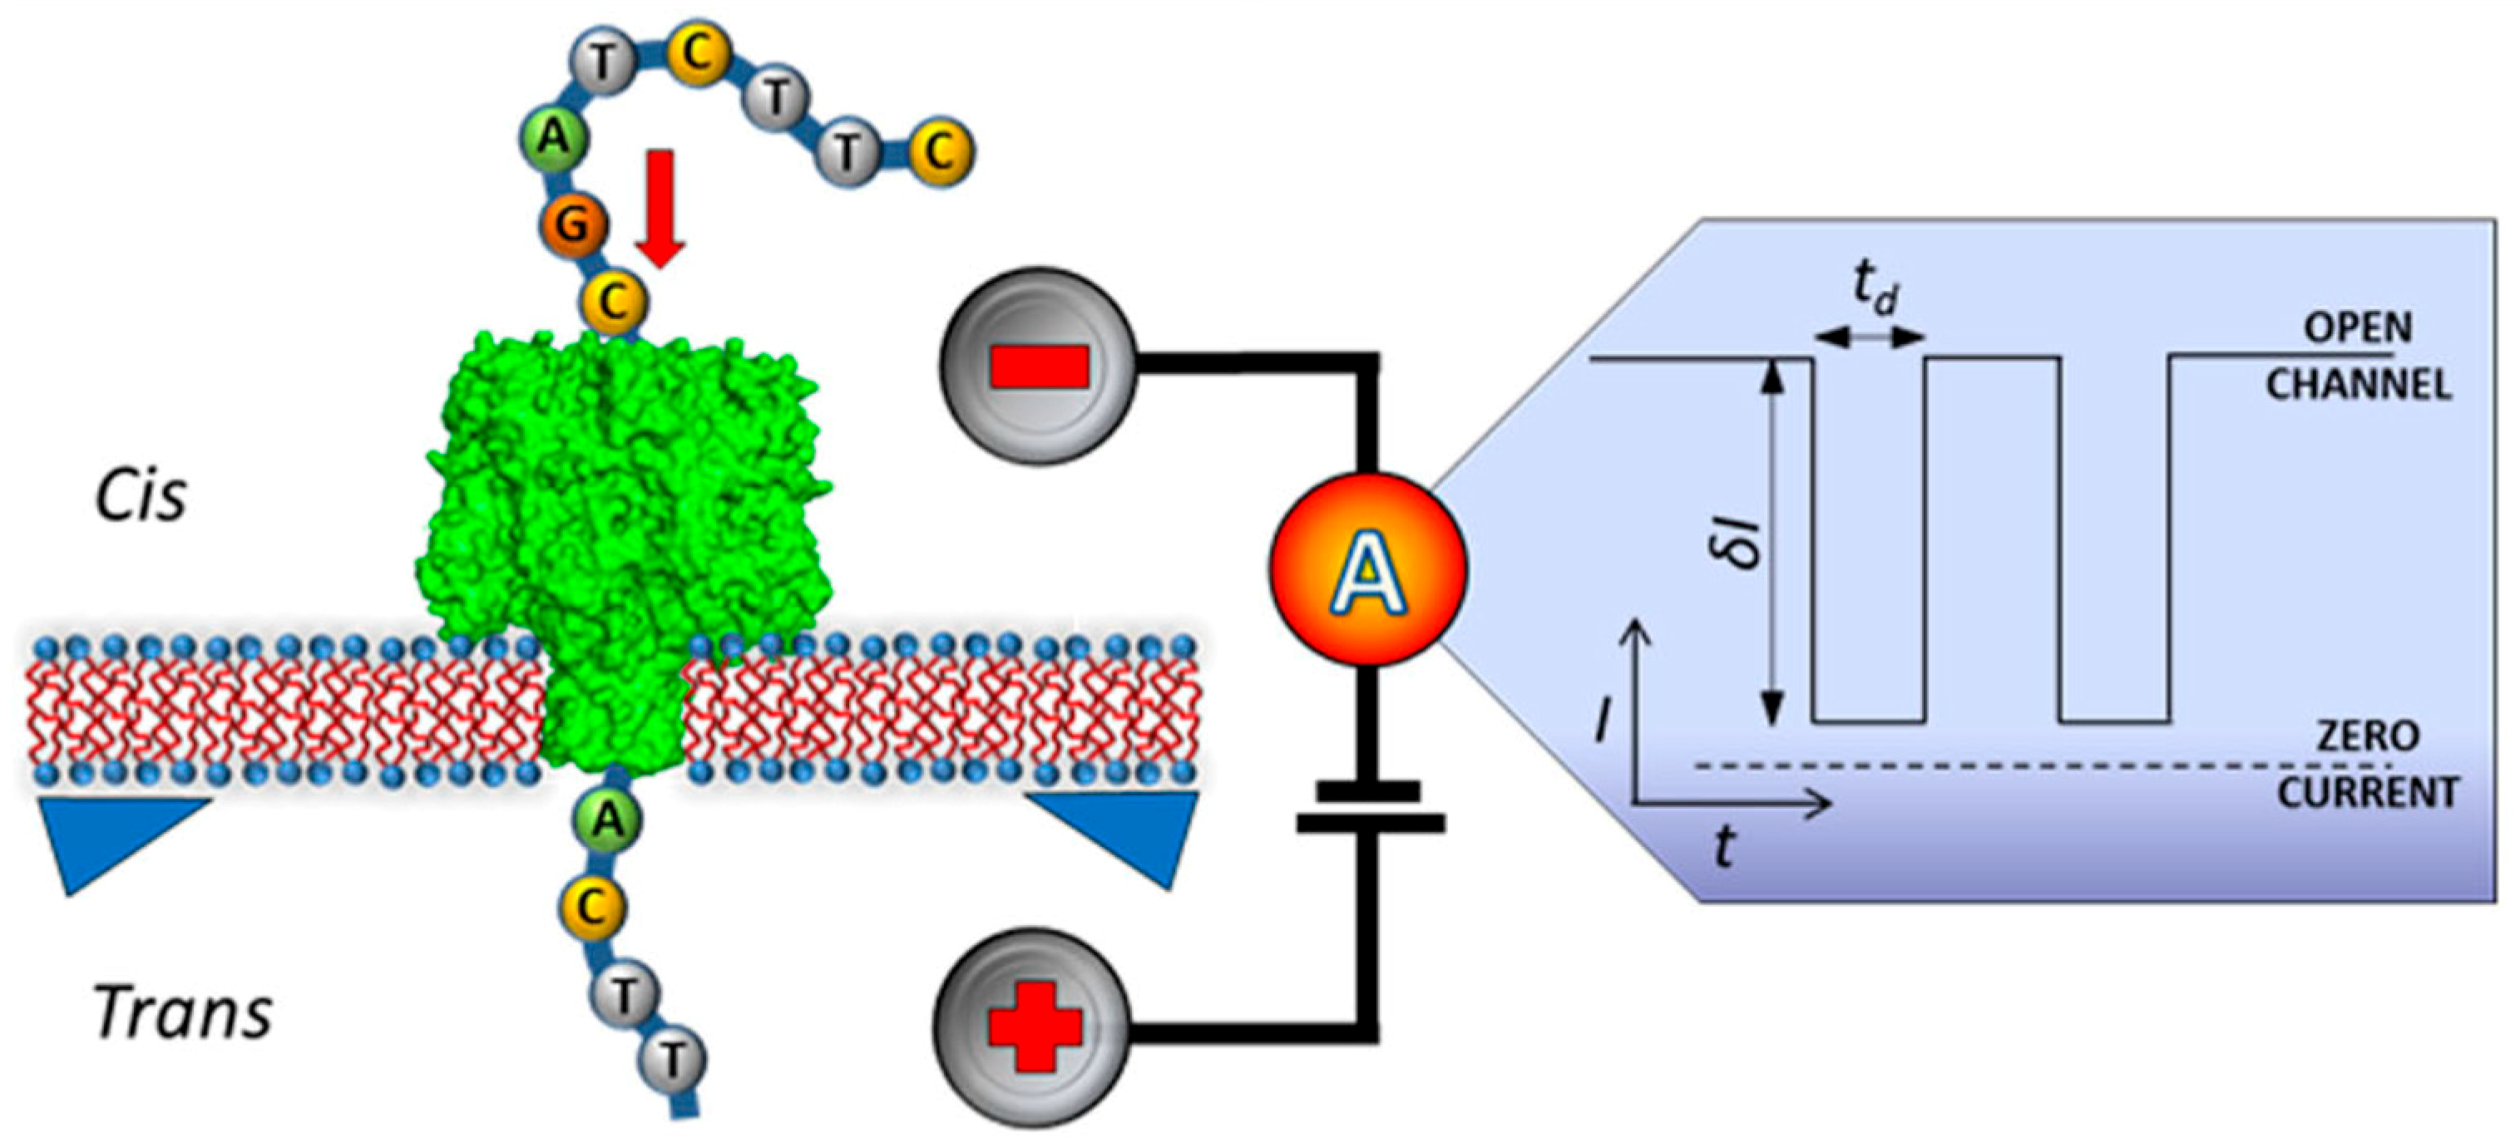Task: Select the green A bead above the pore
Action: click(554, 138)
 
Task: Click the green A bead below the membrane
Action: click(609, 820)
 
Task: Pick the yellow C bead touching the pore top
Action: click(615, 303)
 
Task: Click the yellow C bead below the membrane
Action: click(590, 908)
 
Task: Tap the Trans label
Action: click(183, 1012)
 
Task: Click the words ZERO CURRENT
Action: click(2368, 764)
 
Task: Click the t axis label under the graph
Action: click(1724, 847)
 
